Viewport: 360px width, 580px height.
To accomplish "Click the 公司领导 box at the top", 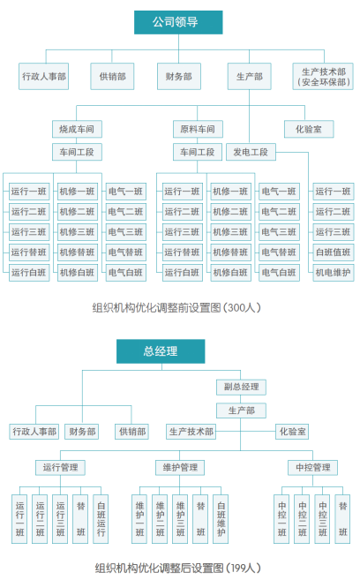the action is pyautogui.click(x=178, y=22).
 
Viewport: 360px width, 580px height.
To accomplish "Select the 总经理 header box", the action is pyautogui.click(x=161, y=351).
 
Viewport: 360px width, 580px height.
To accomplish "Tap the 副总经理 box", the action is pyautogui.click(x=241, y=387).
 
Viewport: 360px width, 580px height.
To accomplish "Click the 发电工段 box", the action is pyautogui.click(x=251, y=152).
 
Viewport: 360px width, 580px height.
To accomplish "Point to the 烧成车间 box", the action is pyautogui.click(x=77, y=129).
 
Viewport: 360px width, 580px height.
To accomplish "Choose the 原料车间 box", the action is pyautogui.click(x=198, y=129).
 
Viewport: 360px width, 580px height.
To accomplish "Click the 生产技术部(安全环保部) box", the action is pyautogui.click(x=324, y=76).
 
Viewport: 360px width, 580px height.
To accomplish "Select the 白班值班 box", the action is pyautogui.click(x=333, y=252).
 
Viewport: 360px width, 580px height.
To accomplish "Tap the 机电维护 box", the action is pyautogui.click(x=333, y=273).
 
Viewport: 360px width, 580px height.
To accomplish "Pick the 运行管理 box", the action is pyautogui.click(x=60, y=468).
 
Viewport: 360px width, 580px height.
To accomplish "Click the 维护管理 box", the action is pyautogui.click(x=180, y=468).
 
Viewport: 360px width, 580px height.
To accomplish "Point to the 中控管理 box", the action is pyautogui.click(x=312, y=468).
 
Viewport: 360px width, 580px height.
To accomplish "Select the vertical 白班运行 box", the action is pyautogui.click(x=101, y=519).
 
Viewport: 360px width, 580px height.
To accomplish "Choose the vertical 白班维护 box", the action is pyautogui.click(x=221, y=519).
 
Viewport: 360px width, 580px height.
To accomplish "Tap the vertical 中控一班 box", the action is pyautogui.click(x=281, y=519).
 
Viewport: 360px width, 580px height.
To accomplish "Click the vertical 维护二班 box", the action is pyautogui.click(x=160, y=519).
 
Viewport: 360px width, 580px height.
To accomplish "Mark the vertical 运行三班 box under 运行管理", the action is pyautogui.click(x=60, y=519).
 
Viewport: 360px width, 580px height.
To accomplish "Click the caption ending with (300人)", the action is pyautogui.click(x=176, y=308).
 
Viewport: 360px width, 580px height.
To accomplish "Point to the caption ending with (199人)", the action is pyautogui.click(x=177, y=568).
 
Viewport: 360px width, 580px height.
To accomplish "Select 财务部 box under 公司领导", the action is pyautogui.click(x=179, y=76).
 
